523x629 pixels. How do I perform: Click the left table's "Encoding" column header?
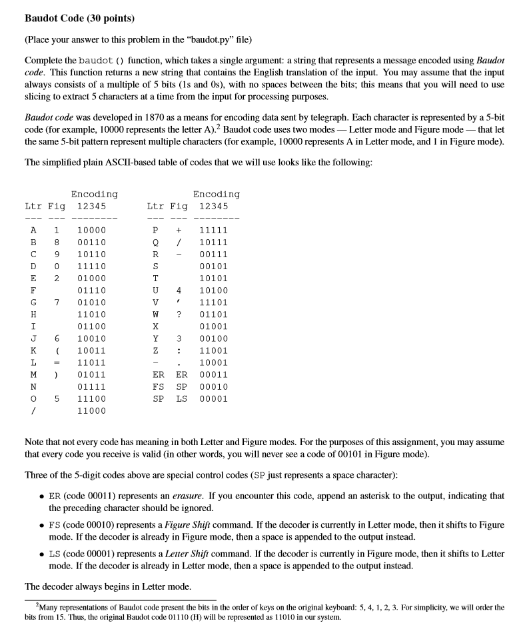pos(94,194)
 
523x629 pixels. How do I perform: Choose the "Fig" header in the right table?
pos(179,207)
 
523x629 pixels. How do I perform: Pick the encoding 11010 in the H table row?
pos(91,314)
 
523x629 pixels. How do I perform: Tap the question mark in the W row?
pos(179,314)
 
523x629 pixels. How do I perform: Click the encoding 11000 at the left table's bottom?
pos(91,410)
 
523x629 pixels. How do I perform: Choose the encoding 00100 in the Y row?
pos(213,338)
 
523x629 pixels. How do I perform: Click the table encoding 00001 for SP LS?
pos(213,398)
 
